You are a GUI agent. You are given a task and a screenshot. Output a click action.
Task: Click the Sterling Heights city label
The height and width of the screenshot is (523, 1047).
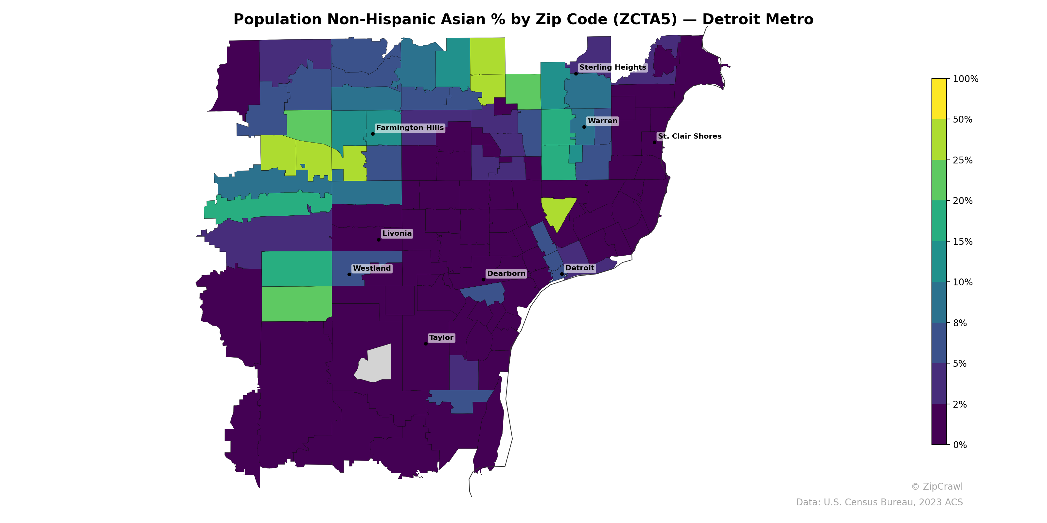tap(612, 67)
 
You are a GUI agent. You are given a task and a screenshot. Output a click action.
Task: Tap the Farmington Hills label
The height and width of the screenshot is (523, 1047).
tap(410, 128)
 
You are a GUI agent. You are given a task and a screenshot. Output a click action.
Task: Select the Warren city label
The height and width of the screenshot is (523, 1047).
tap(602, 121)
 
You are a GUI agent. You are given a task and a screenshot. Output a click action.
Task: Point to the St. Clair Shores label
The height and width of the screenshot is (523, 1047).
tap(689, 136)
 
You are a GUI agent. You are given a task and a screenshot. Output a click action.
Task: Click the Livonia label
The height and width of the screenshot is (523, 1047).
tap(397, 233)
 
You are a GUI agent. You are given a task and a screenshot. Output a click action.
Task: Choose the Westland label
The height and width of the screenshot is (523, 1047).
tap(371, 268)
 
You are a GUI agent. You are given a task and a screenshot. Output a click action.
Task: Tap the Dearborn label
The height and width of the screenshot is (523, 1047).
tap(506, 274)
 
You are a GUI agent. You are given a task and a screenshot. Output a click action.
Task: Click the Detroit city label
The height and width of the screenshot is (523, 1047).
tap(579, 268)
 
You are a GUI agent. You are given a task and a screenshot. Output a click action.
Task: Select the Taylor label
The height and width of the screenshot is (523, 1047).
tap(441, 338)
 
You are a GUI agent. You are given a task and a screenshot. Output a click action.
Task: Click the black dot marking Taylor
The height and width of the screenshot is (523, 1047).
tap(426, 344)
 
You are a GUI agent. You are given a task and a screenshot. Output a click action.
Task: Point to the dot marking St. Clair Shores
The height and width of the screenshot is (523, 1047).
tap(654, 142)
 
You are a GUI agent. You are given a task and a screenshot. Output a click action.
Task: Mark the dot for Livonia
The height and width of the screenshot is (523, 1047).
tap(379, 240)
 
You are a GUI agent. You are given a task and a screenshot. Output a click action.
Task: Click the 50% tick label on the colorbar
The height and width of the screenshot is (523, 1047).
tap(963, 120)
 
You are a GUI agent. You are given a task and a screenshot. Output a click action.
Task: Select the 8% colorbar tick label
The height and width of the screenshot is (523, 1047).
tap(960, 323)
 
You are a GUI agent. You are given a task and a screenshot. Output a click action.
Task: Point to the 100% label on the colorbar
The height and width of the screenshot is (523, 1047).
tap(965, 79)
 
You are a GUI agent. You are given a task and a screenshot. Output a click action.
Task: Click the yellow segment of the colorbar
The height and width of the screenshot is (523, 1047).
tap(939, 99)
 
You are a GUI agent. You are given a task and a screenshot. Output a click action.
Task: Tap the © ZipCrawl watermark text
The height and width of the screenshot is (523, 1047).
tap(936, 486)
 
